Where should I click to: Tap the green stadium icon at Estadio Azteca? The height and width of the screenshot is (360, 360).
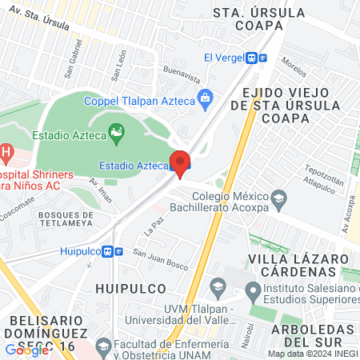(117, 130)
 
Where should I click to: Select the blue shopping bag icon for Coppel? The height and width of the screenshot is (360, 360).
(206, 98)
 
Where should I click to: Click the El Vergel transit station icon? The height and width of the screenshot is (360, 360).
(253, 58)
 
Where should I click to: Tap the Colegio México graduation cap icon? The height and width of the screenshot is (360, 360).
(279, 197)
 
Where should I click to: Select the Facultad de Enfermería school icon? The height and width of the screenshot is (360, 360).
(102, 346)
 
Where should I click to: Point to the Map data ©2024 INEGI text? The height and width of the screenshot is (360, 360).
(312, 354)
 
